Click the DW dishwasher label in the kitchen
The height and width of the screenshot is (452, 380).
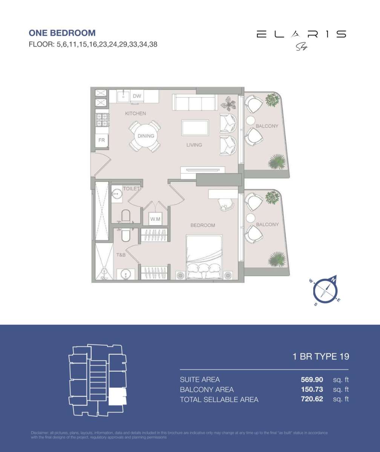137,96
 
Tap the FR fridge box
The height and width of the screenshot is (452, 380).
101,140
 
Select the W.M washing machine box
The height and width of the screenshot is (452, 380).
155,218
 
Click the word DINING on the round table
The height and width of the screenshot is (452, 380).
146,136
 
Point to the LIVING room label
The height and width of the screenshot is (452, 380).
194,145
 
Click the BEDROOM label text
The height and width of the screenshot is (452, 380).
202,225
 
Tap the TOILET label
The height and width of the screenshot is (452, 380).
131,188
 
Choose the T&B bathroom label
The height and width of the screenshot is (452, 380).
121,255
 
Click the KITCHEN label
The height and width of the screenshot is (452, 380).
135,113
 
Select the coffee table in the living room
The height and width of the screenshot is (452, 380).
195,127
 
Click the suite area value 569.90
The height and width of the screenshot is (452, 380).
312,380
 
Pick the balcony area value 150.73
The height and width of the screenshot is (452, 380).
312,389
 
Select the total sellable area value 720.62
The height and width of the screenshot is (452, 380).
312,399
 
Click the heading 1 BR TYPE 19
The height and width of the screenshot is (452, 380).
321,356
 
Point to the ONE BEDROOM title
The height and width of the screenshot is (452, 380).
62,33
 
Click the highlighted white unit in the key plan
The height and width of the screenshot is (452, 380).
117,397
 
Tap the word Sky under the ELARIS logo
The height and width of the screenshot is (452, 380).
301,47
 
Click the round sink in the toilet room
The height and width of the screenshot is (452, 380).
117,194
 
